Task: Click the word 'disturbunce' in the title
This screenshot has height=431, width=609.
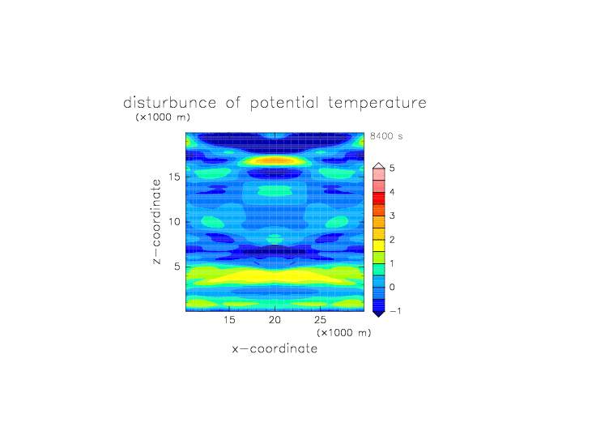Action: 170,103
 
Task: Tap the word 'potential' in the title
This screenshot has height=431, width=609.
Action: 284,104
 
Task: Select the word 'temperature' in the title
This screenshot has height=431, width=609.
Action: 377,104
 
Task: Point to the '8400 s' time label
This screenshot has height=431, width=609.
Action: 386,136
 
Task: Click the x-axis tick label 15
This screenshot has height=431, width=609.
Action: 229,320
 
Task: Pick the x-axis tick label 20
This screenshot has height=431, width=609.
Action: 275,320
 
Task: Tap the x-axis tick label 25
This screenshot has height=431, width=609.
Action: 320,320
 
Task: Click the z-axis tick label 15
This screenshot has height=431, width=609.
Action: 174,177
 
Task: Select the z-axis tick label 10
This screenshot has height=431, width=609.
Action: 174,221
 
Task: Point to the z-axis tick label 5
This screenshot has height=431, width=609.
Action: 177,267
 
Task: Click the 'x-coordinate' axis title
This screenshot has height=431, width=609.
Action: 275,348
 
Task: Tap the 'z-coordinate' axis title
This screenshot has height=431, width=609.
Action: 156,221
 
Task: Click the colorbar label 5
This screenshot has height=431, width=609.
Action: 392,169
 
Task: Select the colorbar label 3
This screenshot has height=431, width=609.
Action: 392,215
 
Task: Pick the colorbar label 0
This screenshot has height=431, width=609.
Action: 392,288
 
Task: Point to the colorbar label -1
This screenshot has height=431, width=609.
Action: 395,311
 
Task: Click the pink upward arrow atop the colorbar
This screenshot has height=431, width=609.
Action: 379,166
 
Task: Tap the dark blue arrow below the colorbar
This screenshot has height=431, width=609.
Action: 379,314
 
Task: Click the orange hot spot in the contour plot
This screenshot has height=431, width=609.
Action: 275,160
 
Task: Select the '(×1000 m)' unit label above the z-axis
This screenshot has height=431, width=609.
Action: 163,117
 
